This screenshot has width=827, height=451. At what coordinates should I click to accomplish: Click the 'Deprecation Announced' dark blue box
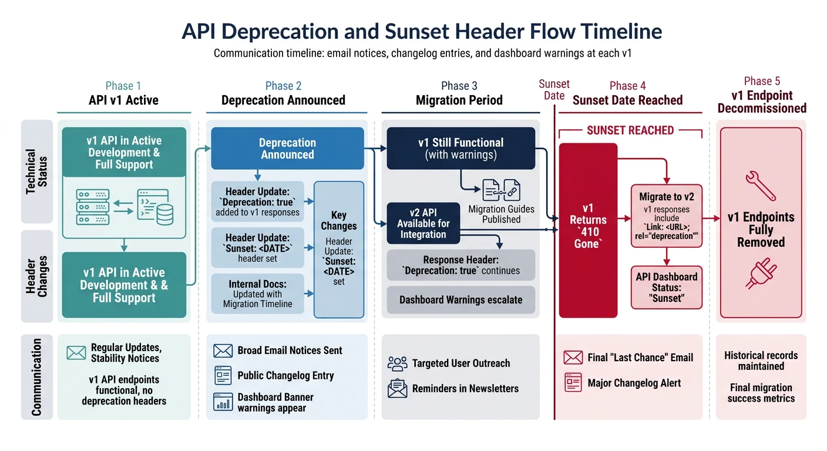pyautogui.click(x=287, y=149)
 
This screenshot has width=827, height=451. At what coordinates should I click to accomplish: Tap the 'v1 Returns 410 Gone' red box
pyautogui.click(x=588, y=230)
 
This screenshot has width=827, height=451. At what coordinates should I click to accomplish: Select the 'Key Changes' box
pyautogui.click(x=339, y=249)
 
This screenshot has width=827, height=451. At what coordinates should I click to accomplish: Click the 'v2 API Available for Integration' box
pyautogui.click(x=423, y=223)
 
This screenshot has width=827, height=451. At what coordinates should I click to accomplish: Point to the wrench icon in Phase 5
pyautogui.click(x=760, y=186)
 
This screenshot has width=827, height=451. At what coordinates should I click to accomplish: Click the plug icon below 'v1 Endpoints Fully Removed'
pyautogui.click(x=761, y=274)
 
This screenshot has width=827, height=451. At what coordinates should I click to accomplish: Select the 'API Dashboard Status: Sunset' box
pyautogui.click(x=667, y=287)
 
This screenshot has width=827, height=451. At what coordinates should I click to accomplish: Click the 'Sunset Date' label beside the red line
pyautogui.click(x=554, y=90)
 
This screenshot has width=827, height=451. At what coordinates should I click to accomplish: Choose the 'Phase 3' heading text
pyautogui.click(x=459, y=86)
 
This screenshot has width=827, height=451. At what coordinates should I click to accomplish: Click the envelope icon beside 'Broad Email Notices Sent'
pyautogui.click(x=223, y=351)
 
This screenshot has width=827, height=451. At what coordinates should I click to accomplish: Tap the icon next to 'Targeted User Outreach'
pyautogui.click(x=398, y=364)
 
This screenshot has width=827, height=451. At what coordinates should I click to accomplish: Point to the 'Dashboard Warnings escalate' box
pyautogui.click(x=460, y=299)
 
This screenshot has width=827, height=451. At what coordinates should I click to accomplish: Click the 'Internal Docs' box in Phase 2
pyautogui.click(x=257, y=294)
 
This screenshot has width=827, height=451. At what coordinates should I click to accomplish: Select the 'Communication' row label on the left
pyautogui.click(x=36, y=377)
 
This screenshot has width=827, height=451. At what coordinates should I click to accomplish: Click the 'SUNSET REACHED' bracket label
pyautogui.click(x=630, y=130)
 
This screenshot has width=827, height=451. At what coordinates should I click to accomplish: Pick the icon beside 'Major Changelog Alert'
pyautogui.click(x=573, y=383)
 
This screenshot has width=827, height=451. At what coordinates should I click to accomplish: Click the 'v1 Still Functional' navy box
pyautogui.click(x=460, y=149)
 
